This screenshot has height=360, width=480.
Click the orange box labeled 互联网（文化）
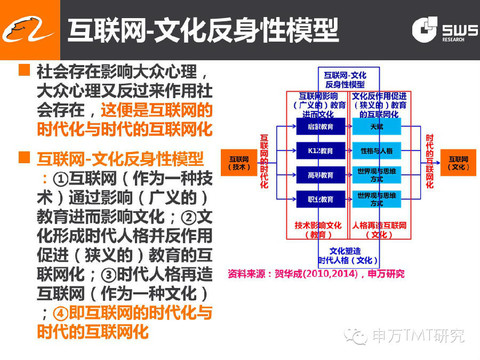click(x=457, y=161)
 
